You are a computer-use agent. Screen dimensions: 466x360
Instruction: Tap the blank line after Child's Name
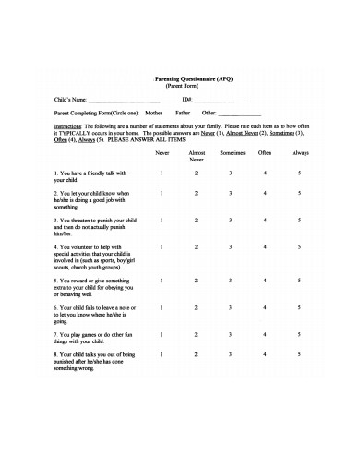tap(123, 100)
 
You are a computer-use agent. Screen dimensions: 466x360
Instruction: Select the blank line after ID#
tap(220, 100)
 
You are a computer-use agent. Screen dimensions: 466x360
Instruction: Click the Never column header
tap(162, 151)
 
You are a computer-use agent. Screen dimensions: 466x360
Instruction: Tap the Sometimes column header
tap(231, 151)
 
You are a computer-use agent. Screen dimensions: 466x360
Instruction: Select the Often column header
tap(265, 151)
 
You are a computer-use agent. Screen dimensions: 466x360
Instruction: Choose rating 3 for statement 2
tap(231, 193)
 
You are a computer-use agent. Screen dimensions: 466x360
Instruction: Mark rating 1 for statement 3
tap(162, 220)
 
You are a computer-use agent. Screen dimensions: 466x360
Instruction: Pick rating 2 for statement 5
tap(196, 280)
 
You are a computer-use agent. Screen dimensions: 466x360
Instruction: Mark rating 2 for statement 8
tap(196, 353)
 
